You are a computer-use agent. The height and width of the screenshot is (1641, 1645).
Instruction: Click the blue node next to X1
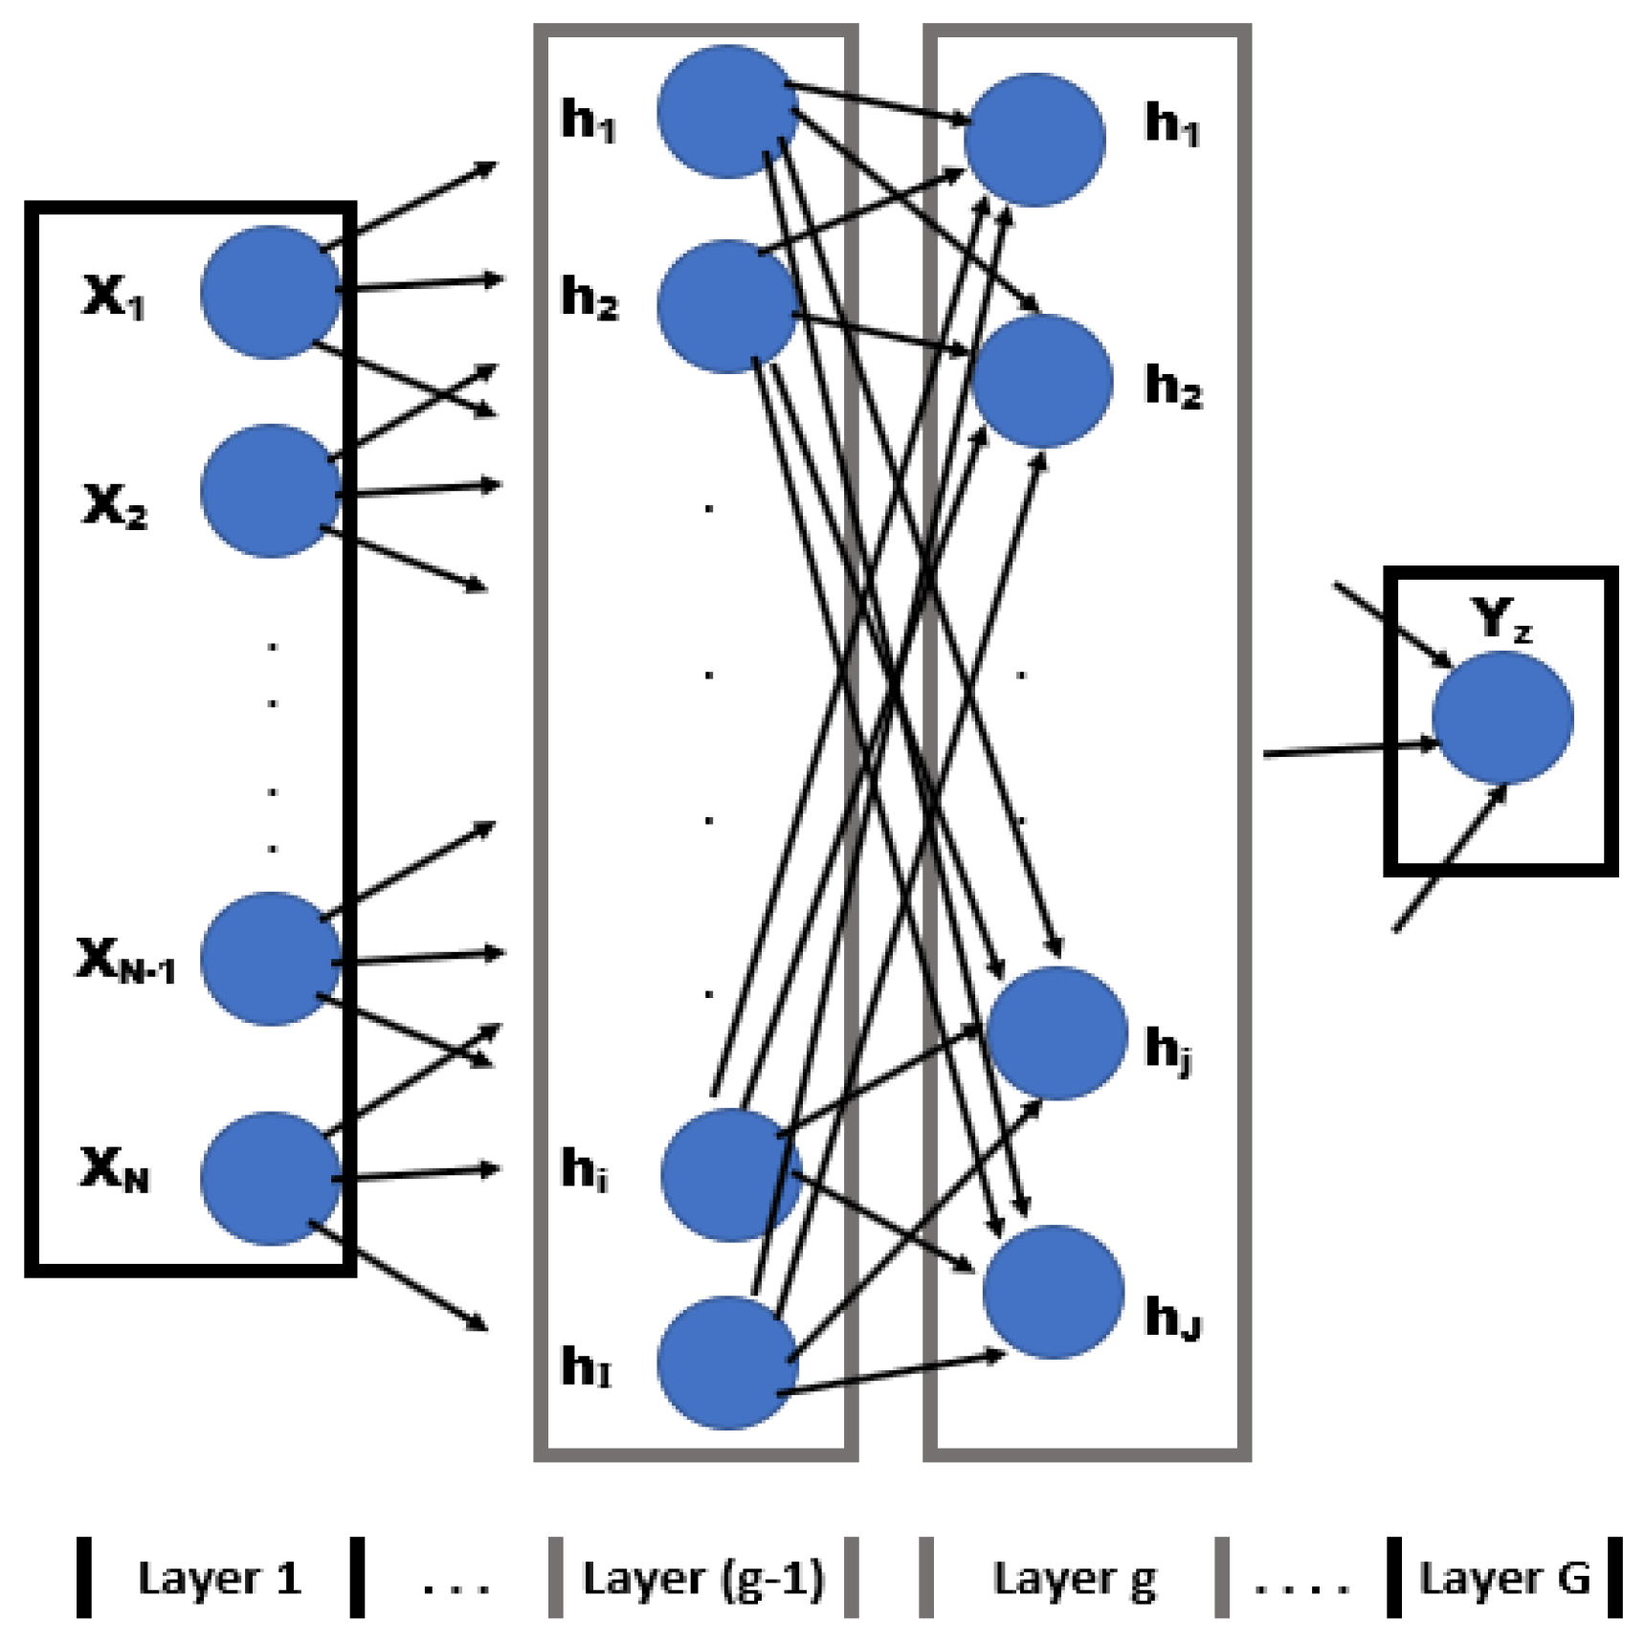click(270, 292)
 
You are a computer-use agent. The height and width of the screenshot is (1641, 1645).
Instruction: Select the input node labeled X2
click(270, 491)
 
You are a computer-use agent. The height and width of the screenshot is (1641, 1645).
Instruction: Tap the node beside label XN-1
click(270, 959)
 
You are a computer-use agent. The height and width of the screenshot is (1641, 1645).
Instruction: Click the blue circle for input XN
click(270, 1178)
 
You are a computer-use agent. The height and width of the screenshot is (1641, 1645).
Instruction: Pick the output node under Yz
click(1501, 718)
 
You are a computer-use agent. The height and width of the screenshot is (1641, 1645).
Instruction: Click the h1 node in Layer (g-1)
click(727, 111)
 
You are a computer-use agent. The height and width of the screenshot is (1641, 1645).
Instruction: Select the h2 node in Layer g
click(1041, 381)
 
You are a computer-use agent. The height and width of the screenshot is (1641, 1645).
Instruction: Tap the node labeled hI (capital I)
click(727, 1363)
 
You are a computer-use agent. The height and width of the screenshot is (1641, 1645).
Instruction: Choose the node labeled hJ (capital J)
click(1053, 1292)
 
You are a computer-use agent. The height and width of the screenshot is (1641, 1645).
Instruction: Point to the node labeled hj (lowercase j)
click(1056, 1033)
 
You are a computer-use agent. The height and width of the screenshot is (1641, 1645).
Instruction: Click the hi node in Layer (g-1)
click(729, 1175)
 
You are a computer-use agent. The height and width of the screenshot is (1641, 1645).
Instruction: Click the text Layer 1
click(219, 1578)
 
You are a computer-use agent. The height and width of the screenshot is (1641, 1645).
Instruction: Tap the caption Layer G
click(1503, 1578)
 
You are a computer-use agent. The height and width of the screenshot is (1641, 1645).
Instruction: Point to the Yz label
click(1500, 619)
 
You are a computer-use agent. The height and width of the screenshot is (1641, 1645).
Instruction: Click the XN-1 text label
click(125, 960)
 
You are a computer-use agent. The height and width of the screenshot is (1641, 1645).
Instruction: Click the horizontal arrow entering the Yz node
click(1349, 749)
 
